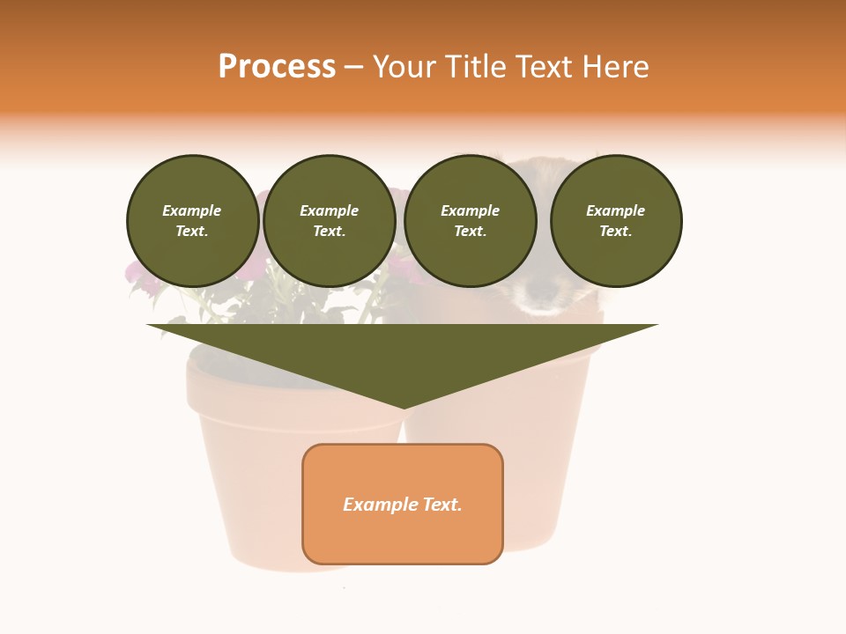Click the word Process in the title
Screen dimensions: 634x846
[277, 67]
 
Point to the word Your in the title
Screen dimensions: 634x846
[402, 67]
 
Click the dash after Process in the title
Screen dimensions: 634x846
[353, 68]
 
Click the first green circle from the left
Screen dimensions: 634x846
[193, 221]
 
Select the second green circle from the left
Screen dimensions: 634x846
[330, 221]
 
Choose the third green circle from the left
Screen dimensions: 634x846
[471, 221]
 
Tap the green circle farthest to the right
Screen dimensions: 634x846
[616, 221]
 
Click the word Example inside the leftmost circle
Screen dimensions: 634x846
[192, 210]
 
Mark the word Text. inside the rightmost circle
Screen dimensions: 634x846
[616, 232]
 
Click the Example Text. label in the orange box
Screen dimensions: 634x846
[403, 505]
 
